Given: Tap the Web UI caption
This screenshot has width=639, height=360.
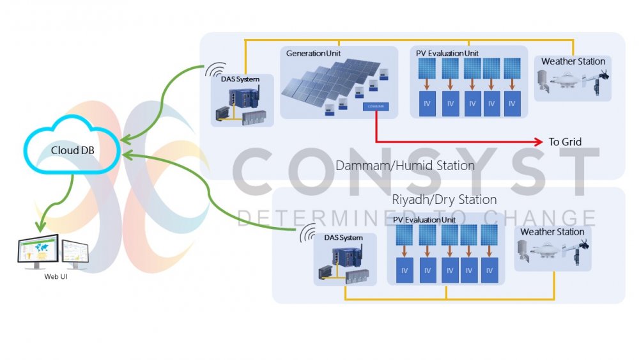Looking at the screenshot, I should (x=52, y=277).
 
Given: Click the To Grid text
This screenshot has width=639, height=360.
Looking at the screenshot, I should (x=565, y=141).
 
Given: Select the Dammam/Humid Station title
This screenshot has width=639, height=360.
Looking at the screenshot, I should (x=404, y=166).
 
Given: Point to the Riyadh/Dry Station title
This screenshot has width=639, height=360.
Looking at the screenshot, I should (x=444, y=200).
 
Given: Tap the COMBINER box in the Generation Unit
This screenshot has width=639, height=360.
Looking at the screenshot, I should (x=375, y=106).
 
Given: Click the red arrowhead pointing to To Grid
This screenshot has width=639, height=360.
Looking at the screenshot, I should (x=539, y=141).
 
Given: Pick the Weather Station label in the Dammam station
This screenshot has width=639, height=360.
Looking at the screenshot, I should (x=573, y=61).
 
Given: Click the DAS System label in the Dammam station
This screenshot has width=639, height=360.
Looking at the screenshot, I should (x=240, y=79).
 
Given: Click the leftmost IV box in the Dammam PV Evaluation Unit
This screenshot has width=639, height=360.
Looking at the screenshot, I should (x=427, y=103).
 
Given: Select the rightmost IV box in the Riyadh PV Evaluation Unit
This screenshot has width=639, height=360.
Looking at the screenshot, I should (x=489, y=270).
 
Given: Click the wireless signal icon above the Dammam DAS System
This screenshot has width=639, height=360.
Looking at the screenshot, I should (x=215, y=70).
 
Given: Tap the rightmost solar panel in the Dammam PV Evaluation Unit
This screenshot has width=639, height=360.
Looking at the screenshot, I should (x=512, y=68).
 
